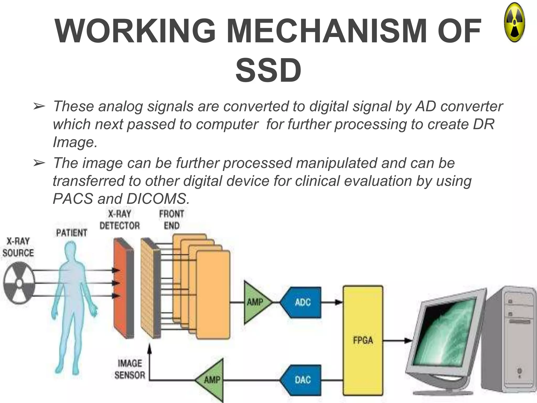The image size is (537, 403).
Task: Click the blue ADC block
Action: pyautogui.click(x=302, y=303)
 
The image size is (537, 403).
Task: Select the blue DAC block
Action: pyautogui.click(x=302, y=380)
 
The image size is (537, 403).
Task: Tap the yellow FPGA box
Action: pyautogui.click(x=363, y=340)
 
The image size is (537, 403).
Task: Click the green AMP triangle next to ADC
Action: pyautogui.click(x=256, y=303)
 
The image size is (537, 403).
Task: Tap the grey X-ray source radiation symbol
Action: pyautogui.click(x=19, y=283)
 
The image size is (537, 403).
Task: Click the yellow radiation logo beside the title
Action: pyautogui.click(x=514, y=23)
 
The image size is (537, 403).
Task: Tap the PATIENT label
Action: pyautogui.click(x=71, y=233)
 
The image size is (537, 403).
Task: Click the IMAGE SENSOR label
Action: pyautogui.click(x=130, y=369)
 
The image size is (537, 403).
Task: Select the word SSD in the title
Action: pyautogui.click(x=268, y=70)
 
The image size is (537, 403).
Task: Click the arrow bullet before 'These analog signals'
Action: pyautogui.click(x=39, y=107)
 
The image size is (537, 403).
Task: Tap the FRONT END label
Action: pyautogui.click(x=171, y=220)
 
